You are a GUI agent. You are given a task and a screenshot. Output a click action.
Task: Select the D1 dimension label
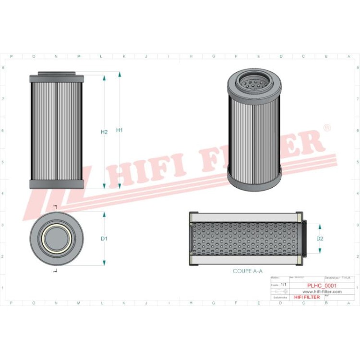pos(104,239)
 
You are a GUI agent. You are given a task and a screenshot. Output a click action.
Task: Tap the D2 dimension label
pos(320,239)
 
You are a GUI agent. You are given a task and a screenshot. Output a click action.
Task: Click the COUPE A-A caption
pos(248,271)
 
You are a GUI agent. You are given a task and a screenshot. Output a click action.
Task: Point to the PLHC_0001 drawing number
pos(321,285)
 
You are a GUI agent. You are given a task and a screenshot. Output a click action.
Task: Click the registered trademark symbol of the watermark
pos(326,128)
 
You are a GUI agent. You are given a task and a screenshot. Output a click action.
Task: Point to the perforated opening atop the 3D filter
pos(253,85)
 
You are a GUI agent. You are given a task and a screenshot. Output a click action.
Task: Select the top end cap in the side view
pos(57,78)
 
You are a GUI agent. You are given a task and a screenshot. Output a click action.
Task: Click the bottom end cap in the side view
pos(57,184)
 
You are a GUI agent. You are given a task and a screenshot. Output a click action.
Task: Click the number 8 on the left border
pos(3,68)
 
